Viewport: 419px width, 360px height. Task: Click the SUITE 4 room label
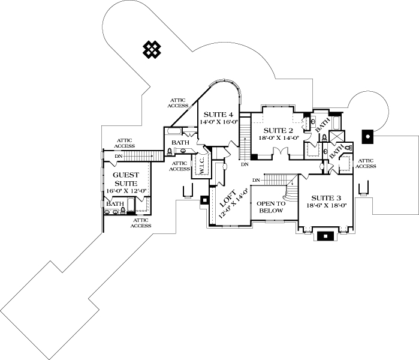218,114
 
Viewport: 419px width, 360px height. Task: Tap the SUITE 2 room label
278,130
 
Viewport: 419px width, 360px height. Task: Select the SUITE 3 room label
326,197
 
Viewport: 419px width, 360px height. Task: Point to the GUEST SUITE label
126,178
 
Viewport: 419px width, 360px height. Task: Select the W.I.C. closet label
202,169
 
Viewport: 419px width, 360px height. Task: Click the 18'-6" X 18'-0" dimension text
327,205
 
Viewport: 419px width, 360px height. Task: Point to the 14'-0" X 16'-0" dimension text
219,122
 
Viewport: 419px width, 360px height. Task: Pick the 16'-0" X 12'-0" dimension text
126,191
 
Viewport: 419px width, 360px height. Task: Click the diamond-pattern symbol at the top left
150,50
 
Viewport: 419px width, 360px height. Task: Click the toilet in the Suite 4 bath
171,151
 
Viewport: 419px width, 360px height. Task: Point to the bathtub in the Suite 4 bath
176,131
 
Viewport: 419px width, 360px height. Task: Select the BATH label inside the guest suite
114,204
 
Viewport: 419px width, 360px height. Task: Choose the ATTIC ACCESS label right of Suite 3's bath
366,163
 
